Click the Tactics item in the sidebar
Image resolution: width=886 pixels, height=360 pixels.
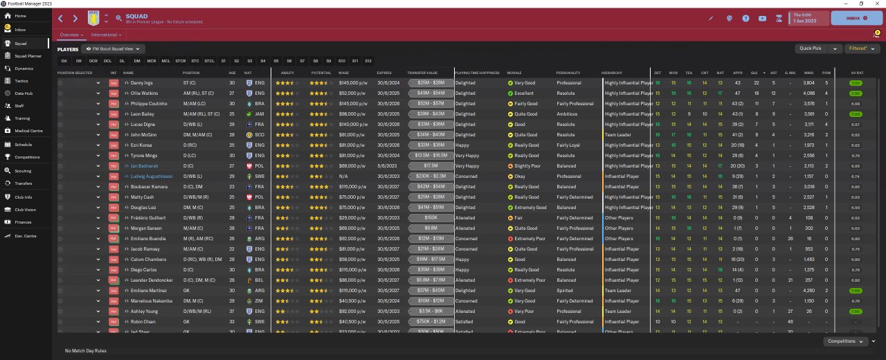[x=21, y=80]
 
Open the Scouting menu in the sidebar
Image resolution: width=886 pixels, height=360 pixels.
[x=22, y=170]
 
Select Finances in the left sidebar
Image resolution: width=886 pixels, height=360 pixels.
[x=23, y=222]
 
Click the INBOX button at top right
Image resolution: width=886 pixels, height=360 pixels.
[x=856, y=18]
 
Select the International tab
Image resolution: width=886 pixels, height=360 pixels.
[x=106, y=35]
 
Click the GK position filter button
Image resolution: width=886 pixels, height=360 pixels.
[x=64, y=61]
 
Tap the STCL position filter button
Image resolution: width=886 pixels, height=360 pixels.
[x=209, y=61]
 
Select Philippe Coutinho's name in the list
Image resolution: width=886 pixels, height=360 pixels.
[x=147, y=104]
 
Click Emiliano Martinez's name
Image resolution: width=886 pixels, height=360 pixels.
[x=147, y=291]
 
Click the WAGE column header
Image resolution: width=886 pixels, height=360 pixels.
[x=344, y=73]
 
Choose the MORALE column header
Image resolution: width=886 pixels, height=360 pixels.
[x=514, y=73]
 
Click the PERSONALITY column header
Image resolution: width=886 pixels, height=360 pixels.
[x=568, y=73]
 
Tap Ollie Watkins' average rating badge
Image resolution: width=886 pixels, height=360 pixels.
[x=856, y=93]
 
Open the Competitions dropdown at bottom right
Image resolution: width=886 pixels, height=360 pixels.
[x=847, y=341]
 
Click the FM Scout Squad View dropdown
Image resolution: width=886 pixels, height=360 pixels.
[x=113, y=49]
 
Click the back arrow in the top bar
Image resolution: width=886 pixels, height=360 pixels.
[x=61, y=19]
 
